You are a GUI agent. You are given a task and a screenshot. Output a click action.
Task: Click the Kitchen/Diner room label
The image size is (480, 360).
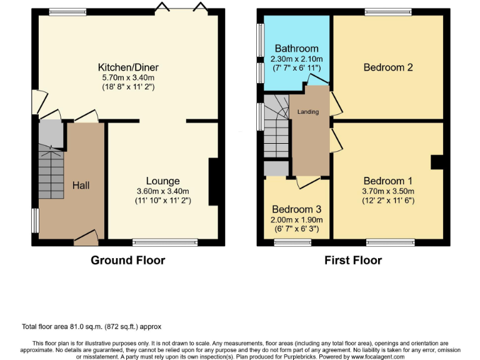128,67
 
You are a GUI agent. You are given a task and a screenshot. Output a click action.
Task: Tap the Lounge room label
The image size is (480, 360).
162,181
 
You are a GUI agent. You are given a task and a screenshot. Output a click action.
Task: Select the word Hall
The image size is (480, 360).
81,186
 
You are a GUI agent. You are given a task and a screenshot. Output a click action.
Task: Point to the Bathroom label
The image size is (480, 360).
297,48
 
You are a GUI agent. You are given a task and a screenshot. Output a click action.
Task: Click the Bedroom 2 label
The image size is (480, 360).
388,67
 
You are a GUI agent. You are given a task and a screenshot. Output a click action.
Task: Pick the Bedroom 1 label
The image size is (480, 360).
388,181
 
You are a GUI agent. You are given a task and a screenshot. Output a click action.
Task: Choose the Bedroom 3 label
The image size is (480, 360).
297,209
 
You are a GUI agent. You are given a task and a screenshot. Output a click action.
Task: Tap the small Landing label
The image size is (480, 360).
308,112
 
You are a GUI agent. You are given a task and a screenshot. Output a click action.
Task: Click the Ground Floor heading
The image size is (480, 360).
128,260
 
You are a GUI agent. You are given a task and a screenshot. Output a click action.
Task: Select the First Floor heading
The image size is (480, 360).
353,260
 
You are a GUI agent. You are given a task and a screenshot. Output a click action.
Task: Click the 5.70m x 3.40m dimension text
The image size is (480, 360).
128,77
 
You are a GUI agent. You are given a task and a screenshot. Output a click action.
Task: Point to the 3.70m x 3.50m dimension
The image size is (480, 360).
388,191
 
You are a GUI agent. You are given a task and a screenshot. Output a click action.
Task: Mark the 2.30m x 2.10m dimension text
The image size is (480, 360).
297,58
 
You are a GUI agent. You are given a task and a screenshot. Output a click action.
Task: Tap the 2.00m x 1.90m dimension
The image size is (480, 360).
297,219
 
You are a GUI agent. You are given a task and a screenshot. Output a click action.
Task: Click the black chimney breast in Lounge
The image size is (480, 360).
213,182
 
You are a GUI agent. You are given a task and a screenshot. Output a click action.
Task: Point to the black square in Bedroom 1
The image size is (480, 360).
437,162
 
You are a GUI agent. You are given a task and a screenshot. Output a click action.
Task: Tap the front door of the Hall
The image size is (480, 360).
86,236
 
